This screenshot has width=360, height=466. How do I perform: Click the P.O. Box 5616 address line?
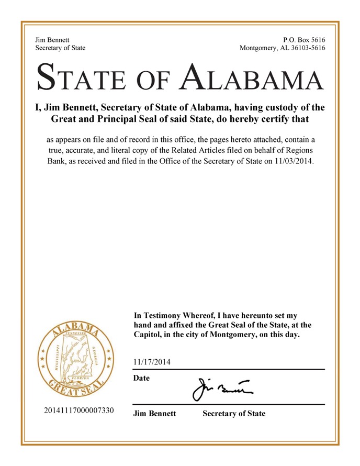click(303, 40)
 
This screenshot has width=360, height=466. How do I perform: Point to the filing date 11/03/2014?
click(294, 161)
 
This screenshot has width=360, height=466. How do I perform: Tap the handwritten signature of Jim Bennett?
click(220, 389)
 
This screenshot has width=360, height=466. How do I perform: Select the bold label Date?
click(142, 378)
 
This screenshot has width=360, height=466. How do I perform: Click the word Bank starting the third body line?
click(57, 161)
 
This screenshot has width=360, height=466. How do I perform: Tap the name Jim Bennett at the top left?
click(52, 40)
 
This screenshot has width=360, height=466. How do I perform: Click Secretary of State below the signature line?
click(233, 414)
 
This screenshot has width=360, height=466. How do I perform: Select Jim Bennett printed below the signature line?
click(154, 414)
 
